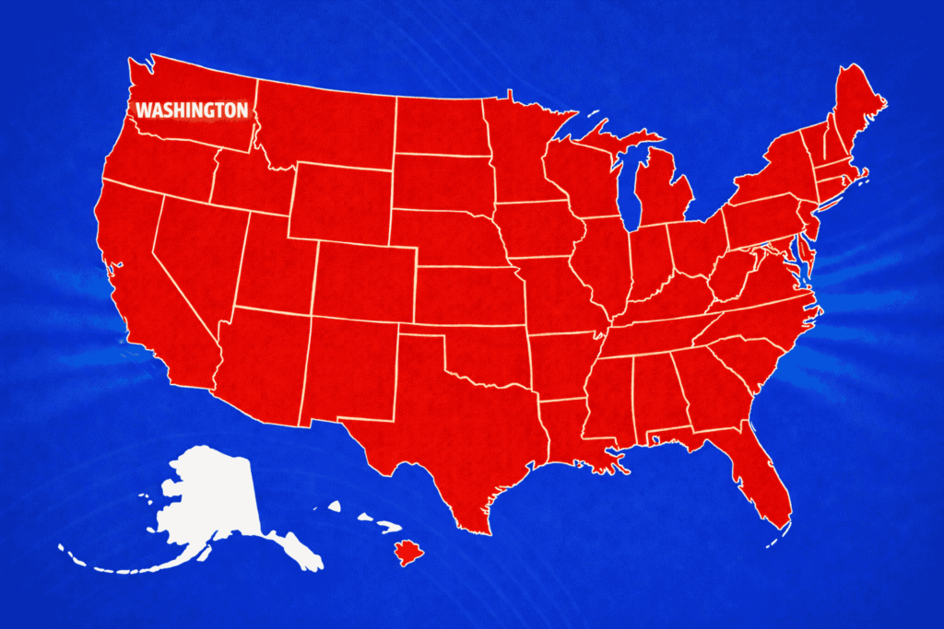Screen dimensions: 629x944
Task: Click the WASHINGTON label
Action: tap(192, 111)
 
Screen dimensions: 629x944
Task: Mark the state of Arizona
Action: tap(263, 364)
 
